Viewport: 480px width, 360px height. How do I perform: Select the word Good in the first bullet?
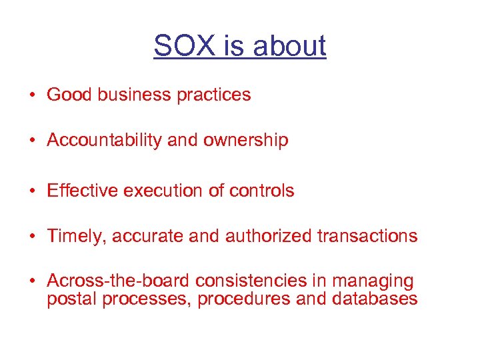pos(70,95)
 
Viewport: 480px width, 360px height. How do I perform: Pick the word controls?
pos(261,191)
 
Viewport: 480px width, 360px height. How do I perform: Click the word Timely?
pos(73,236)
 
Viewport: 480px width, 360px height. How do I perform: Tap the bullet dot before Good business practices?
pos(32,95)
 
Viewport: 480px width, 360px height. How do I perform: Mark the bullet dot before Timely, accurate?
pos(32,237)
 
